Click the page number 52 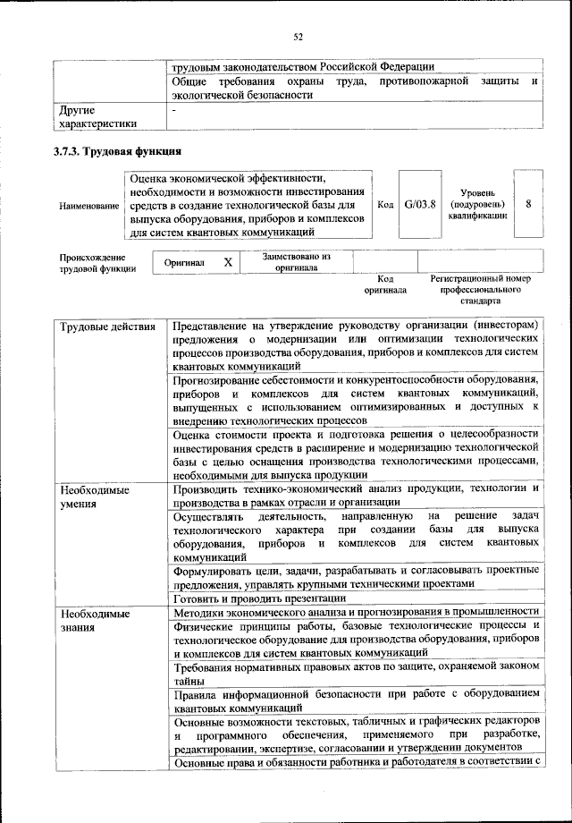[x=299, y=36]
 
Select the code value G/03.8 [x=419, y=204]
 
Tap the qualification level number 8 [x=528, y=204]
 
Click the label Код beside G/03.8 [x=385, y=205]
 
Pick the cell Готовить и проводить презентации [x=259, y=598]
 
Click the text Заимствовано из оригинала [x=296, y=262]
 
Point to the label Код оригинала [x=385, y=284]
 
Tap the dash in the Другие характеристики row [x=174, y=110]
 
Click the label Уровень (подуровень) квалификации [x=480, y=204]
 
